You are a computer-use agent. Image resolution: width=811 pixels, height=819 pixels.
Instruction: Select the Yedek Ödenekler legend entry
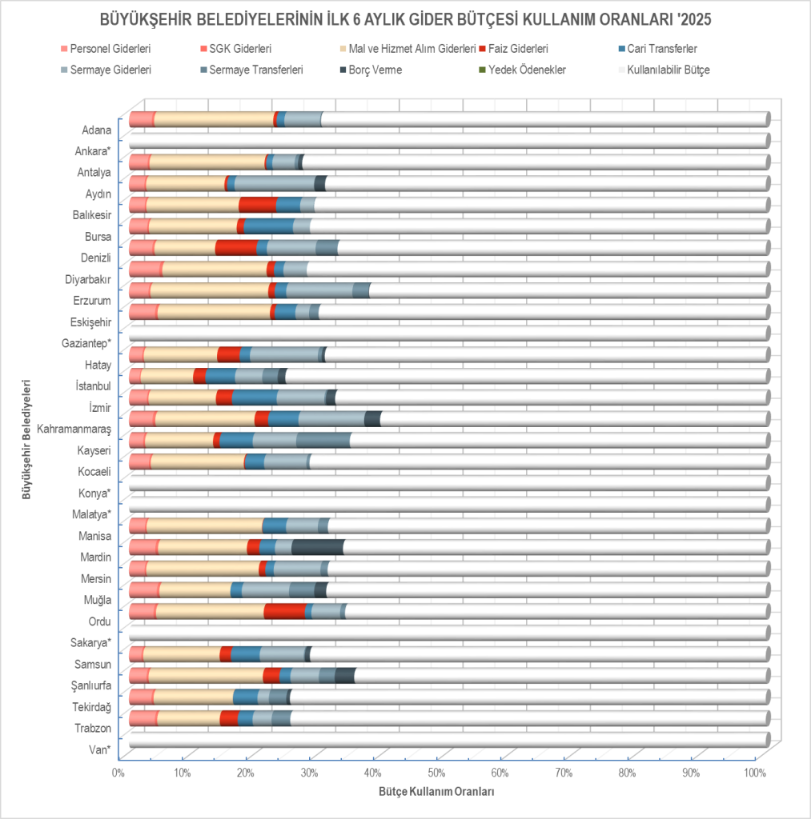[x=532, y=70]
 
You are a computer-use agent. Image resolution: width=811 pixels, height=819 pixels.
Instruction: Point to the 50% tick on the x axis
[x=436, y=773]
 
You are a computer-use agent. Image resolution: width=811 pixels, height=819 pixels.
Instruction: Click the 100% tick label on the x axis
[x=754, y=773]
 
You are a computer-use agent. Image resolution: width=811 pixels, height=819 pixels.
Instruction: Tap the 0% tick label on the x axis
[x=118, y=773]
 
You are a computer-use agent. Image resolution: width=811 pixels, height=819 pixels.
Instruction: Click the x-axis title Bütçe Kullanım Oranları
[x=436, y=792]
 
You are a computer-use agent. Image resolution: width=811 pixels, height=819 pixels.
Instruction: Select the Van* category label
[x=98, y=749]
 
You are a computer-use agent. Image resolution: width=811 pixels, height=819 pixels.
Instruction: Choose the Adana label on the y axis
[x=96, y=130]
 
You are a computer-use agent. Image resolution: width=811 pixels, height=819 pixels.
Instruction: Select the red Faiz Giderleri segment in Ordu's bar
[x=284, y=611]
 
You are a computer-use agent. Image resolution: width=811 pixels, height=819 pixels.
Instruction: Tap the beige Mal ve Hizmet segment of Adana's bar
[x=214, y=119]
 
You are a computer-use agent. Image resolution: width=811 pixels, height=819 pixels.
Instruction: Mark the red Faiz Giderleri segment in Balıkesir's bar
[x=257, y=204]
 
